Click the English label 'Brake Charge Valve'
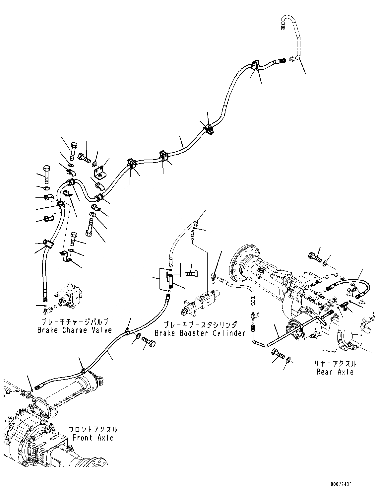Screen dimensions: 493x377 click(x=74, y=330)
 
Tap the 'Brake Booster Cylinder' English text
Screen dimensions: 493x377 click(x=200, y=333)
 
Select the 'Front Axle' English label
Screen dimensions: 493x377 click(x=93, y=438)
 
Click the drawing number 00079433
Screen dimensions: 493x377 click(x=341, y=484)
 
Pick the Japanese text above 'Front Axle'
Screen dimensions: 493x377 click(x=93, y=430)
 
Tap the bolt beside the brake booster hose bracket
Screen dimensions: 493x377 click(x=192, y=274)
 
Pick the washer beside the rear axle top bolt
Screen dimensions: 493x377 click(x=325, y=263)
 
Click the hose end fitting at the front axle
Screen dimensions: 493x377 click(x=39, y=386)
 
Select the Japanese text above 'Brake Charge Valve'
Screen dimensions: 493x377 click(x=74, y=322)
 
